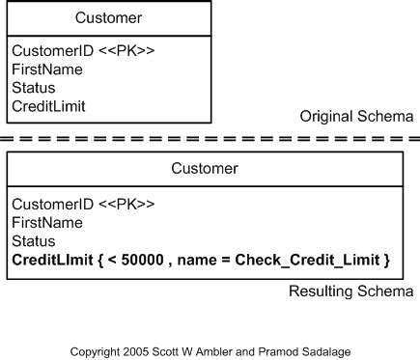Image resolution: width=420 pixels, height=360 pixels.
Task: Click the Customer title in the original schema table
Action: (x=108, y=17)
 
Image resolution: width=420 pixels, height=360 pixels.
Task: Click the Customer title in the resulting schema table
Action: (x=205, y=169)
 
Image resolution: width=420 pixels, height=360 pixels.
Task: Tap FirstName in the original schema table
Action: (x=47, y=69)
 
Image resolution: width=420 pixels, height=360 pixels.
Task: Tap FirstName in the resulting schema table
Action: (x=47, y=222)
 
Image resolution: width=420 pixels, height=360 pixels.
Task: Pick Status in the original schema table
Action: (x=34, y=88)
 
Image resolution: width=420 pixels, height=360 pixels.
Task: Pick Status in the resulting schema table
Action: (x=34, y=241)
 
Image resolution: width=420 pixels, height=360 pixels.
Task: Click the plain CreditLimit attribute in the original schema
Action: (x=49, y=106)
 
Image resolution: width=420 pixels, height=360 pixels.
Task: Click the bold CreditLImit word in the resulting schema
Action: (x=52, y=260)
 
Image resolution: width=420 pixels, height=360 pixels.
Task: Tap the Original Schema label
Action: (x=357, y=117)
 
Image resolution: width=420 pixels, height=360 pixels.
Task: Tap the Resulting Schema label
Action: (x=351, y=291)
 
